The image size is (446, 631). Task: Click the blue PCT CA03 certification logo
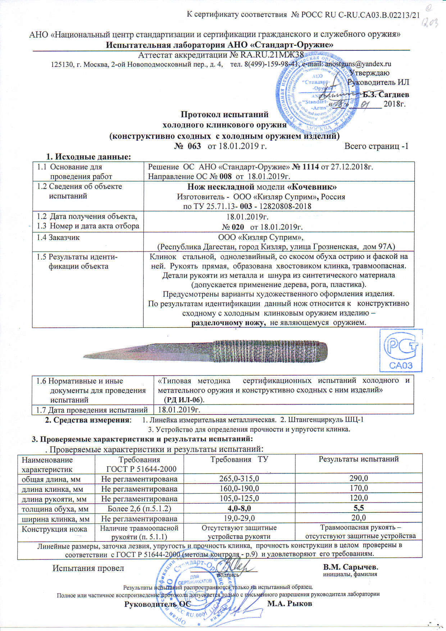tap(401, 351)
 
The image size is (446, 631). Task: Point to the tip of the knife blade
tap(84, 357)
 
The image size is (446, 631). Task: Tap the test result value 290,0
tap(359, 478)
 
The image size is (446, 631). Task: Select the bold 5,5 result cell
tap(359, 508)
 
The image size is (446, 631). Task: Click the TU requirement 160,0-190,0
tap(239, 489)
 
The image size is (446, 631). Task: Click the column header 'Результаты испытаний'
tap(359, 459)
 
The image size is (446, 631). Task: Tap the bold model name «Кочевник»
tap(312, 187)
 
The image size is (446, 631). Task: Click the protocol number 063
tap(194, 146)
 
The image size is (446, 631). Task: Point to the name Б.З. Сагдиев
tap(386, 95)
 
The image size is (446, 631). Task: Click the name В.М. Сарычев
tap(350, 567)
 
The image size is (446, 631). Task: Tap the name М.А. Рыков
tap(290, 604)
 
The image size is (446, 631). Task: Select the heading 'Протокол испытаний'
tap(224, 115)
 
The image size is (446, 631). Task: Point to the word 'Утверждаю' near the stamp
tap(369, 73)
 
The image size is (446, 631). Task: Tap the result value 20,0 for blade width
tap(359, 518)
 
